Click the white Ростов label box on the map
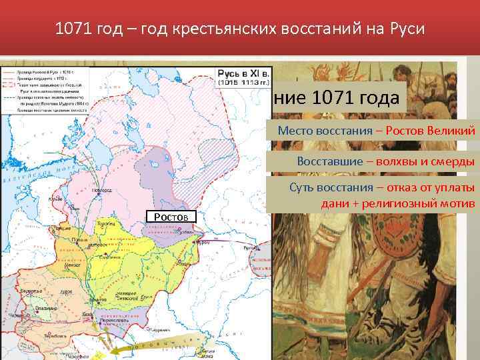pyautogui.click(x=171, y=217)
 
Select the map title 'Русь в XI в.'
pyautogui.click(x=242, y=73)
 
